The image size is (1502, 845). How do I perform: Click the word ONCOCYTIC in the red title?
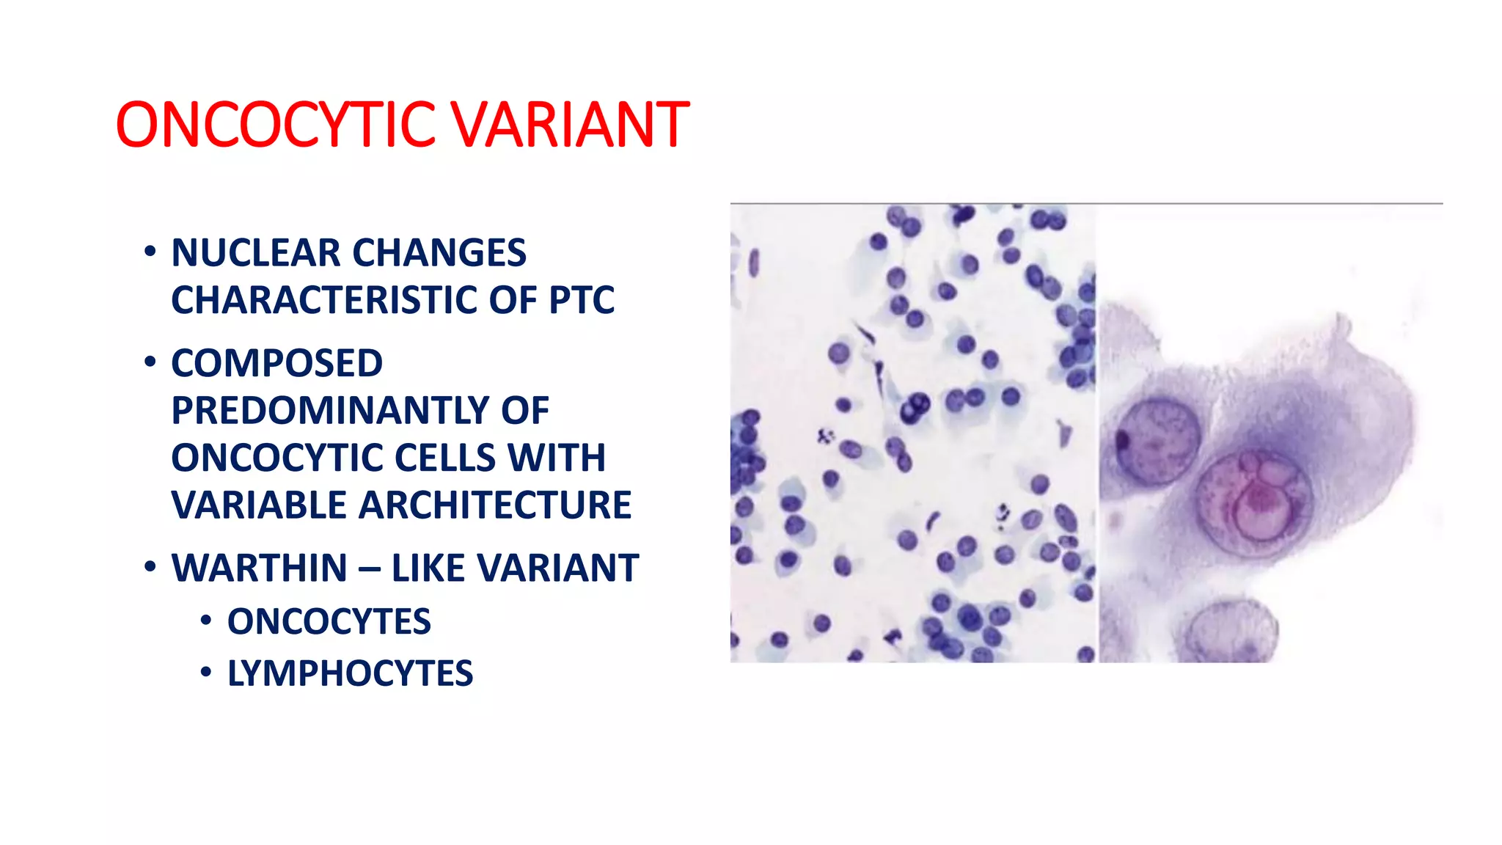pos(276,125)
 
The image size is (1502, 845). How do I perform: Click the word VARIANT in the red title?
pos(569,125)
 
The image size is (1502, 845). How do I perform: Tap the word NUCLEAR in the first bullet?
pos(256,253)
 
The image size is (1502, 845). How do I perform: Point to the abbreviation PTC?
pos(582,300)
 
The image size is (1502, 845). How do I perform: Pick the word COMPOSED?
pos(276,363)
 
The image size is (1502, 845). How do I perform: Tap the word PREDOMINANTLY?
pos(329,411)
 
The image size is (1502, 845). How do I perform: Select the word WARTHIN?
pos(260,568)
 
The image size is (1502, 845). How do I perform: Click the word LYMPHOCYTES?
pos(350,673)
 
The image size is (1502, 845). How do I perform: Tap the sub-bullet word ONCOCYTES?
pos(329,622)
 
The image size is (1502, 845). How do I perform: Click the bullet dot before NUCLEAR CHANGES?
pos(150,252)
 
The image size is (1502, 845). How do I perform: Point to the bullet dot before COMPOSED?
pos(150,362)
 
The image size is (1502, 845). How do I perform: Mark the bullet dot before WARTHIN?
pos(150,567)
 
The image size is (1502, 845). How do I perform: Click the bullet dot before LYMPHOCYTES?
pos(206,672)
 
